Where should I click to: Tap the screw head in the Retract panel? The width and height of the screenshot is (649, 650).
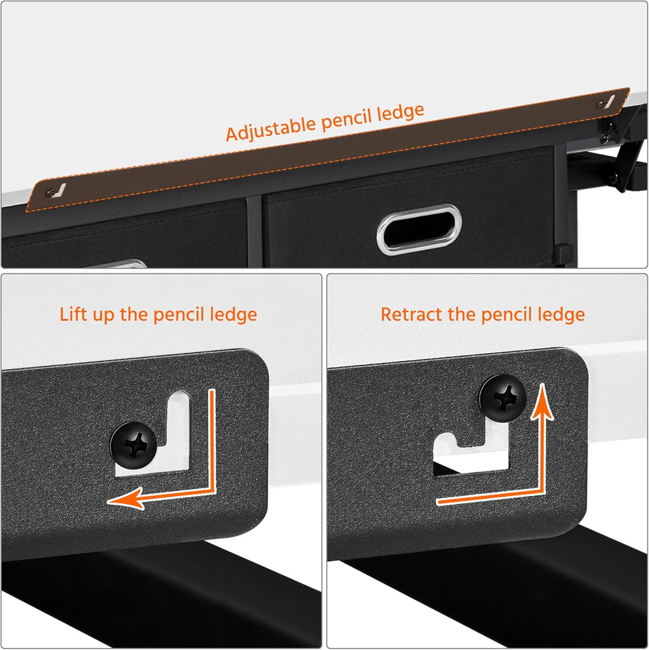503,398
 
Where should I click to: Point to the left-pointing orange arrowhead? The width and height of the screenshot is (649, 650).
125,498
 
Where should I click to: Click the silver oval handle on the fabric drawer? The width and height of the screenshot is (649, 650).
419,229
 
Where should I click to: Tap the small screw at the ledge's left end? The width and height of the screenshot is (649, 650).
51,192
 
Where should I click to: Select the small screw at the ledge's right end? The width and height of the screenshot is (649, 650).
600,105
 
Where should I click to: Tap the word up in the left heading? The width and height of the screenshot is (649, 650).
103,316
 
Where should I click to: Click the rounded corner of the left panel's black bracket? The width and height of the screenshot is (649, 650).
256,361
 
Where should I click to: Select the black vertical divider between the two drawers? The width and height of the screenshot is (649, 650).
254,231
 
